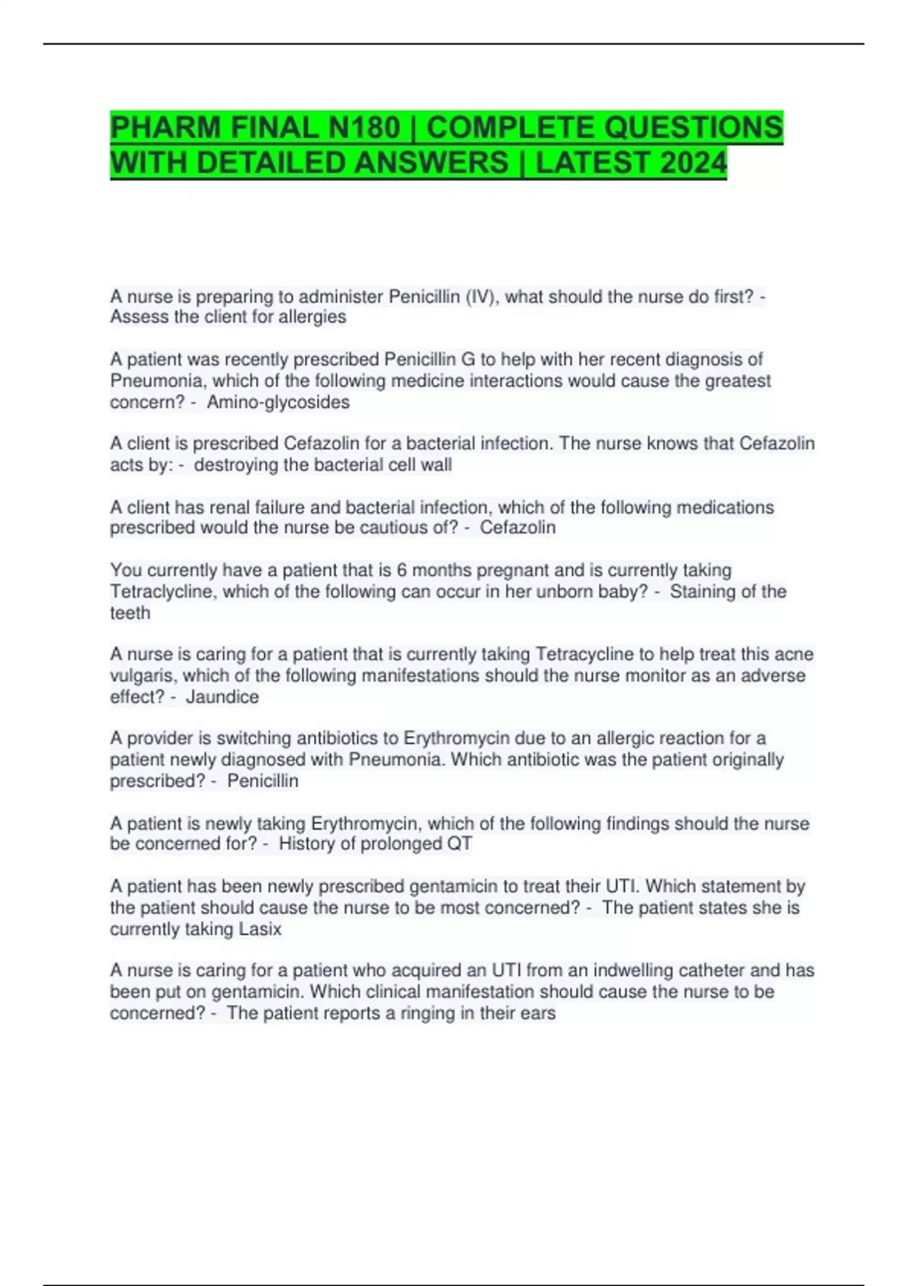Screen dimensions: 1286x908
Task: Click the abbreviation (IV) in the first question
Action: tap(480, 297)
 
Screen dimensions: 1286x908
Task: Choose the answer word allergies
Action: tap(312, 317)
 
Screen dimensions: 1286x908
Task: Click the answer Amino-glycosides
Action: tap(278, 402)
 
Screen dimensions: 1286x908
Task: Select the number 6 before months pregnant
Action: tap(402, 570)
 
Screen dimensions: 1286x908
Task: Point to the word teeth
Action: tap(130, 613)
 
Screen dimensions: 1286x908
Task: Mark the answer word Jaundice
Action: tap(222, 697)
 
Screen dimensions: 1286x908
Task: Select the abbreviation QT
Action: tap(459, 844)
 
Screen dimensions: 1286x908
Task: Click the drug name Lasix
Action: tap(260, 929)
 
